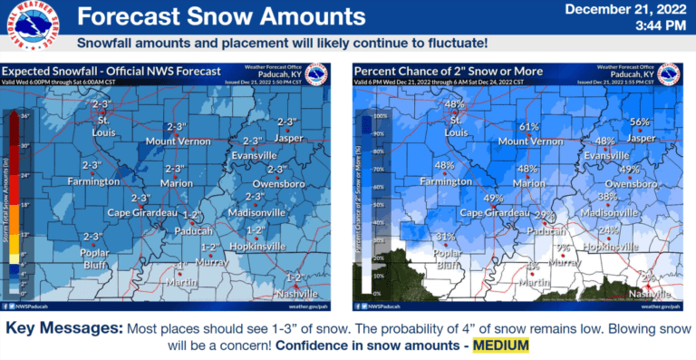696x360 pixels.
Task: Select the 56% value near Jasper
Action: (x=641, y=122)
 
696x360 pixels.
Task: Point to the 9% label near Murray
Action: (x=563, y=248)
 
